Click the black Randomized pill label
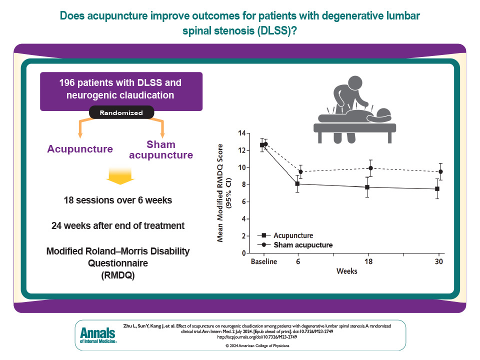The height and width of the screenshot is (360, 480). coord(121,113)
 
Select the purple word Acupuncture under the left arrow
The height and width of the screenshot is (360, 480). coord(80,149)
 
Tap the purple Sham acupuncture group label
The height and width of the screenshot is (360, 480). coord(161,150)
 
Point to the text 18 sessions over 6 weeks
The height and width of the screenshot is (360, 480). coord(118,200)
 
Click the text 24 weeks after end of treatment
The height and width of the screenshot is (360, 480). coord(118,226)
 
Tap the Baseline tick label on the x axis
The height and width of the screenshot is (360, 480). coord(264,261)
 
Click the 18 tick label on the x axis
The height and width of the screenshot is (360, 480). coord(368,261)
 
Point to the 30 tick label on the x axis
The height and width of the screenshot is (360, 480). coord(438,261)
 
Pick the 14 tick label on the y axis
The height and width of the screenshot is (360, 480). coord(242,133)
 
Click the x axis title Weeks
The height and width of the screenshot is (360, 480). coord(346,271)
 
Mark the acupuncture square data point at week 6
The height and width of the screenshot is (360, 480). coord(297,183)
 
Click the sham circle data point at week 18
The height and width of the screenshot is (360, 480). coord(370,168)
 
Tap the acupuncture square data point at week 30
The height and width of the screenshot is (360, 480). coord(437,188)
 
